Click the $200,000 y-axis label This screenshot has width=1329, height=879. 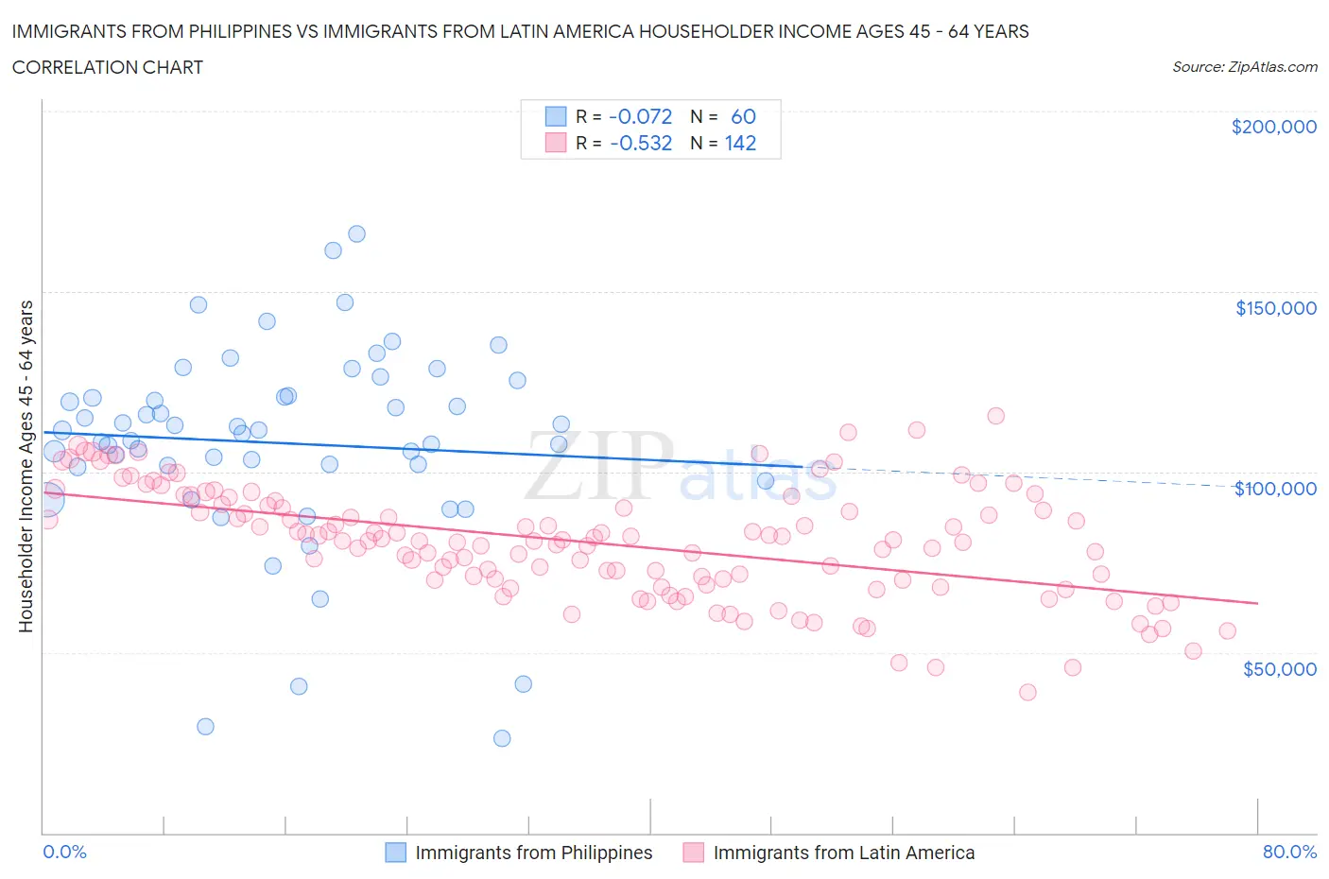1273,127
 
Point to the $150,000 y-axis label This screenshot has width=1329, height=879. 1275,308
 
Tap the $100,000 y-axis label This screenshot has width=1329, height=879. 1275,489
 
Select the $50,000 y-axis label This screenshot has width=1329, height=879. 1279,669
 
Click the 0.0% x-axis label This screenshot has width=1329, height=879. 64,852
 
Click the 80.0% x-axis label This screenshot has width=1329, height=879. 1289,852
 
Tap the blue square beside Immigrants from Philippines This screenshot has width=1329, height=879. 395,853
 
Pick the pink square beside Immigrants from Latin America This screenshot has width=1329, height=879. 694,853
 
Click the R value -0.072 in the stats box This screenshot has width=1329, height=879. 640,116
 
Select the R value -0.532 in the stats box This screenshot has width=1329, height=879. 640,143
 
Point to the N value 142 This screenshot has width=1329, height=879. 740,143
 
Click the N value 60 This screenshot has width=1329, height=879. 743,116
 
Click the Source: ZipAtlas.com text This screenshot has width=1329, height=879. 1244,66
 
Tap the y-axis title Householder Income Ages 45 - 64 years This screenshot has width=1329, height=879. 26,466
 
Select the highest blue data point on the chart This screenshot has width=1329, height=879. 356,233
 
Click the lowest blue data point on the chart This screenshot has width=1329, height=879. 502,738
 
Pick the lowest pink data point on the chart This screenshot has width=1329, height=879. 1027,692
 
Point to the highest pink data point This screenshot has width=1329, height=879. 995,416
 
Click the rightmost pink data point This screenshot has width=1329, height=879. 1227,631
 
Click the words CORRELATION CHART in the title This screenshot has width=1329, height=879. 108,67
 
